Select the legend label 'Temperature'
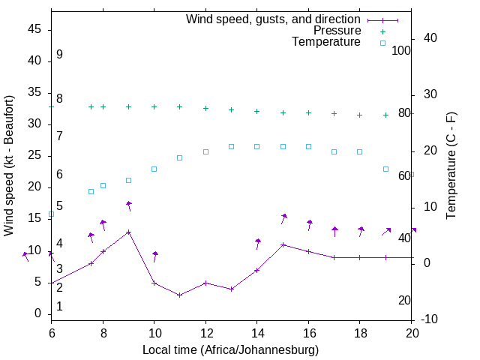[326, 43]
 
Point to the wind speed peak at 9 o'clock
[129, 232]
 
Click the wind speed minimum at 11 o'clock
[180, 295]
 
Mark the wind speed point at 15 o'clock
[283, 244]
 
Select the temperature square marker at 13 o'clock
[231, 146]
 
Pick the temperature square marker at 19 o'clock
[385, 169]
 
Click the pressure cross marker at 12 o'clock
[205, 108]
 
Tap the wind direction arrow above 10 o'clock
[155, 256]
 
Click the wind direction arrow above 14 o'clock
[257, 243]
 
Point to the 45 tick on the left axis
[34, 29]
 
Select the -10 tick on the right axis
[430, 320]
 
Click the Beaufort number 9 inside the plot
[59, 55]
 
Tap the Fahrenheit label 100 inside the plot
[402, 50]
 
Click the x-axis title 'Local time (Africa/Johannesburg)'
[230, 349]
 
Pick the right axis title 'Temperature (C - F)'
[451, 166]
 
